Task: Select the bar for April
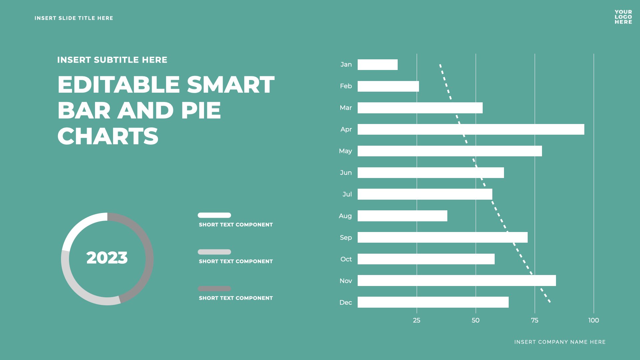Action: click(471, 129)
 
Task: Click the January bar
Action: click(377, 65)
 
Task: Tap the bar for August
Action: click(402, 216)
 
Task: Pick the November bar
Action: click(457, 281)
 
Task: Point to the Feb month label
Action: click(346, 86)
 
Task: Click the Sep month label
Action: click(346, 238)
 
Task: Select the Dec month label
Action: click(345, 303)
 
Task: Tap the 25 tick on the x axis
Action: click(416, 320)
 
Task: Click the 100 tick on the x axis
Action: click(593, 320)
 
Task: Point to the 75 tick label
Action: click(534, 320)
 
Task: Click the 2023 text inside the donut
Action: click(107, 258)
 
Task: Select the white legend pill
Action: click(214, 215)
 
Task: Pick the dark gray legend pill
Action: click(214, 289)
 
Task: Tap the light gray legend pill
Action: click(214, 252)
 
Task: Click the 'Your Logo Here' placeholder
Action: click(623, 17)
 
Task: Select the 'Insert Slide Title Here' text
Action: click(74, 18)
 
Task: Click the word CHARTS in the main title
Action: click(108, 136)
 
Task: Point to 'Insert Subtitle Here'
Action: click(112, 60)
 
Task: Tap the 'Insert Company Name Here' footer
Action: click(560, 342)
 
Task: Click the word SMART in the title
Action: click(231, 85)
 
